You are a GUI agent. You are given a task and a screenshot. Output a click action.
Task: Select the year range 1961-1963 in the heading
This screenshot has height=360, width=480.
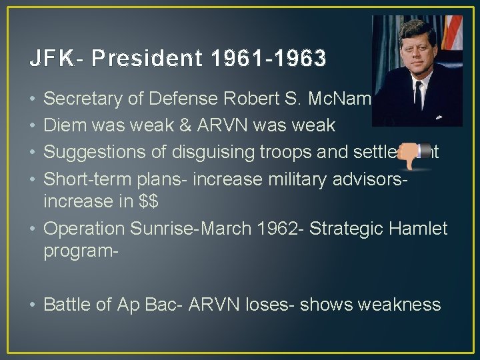[x=269, y=59]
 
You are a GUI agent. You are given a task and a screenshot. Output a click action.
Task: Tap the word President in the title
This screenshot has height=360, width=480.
[x=147, y=59]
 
